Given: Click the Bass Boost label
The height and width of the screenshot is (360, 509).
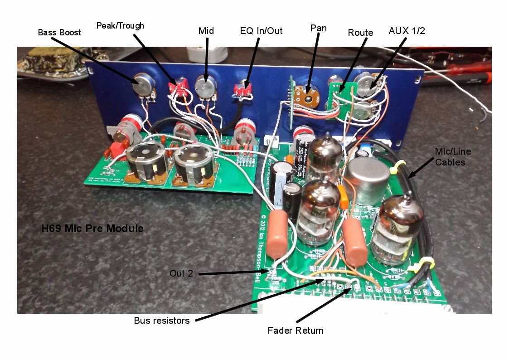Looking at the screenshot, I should [59, 32].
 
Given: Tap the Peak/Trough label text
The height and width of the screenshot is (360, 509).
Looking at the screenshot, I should [120, 25].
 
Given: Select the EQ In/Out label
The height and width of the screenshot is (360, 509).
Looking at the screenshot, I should [261, 31].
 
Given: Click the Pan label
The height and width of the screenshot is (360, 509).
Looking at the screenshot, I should [318, 28].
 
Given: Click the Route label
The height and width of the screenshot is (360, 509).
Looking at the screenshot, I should [360, 33].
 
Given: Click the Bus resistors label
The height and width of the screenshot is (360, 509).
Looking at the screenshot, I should [162, 321].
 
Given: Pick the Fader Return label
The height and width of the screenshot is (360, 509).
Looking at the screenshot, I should [296, 330].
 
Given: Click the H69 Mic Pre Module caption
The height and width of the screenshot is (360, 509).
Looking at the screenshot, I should [92, 229].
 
